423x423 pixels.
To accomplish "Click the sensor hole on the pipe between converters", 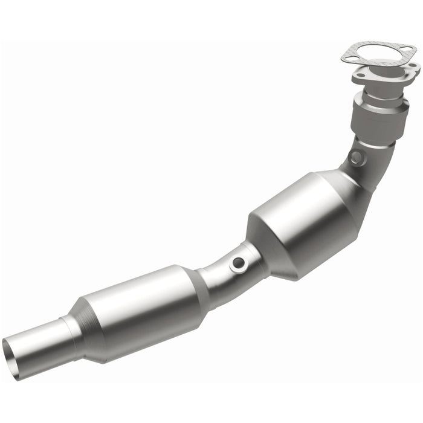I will [x=239, y=263].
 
